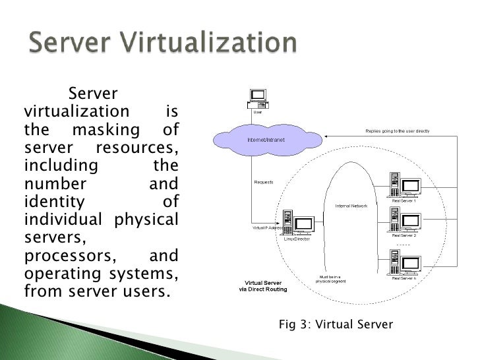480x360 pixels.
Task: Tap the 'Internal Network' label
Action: (351, 206)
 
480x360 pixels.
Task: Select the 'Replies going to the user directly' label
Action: (398, 131)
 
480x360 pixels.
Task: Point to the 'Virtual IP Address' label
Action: (267, 228)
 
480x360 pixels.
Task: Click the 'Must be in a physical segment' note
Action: (330, 278)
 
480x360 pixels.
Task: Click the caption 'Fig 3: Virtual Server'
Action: (336, 324)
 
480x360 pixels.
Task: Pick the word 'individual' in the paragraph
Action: (59, 216)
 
